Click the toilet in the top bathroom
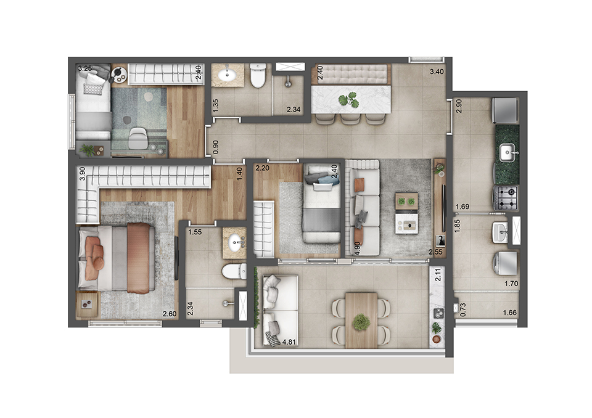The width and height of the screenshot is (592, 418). pos(258,75)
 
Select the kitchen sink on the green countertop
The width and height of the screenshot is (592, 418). pos(508,151)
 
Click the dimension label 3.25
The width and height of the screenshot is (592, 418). pos(85,68)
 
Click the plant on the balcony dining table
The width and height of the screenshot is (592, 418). pos(361,322)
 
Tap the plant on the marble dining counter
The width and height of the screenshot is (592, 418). pos(351,99)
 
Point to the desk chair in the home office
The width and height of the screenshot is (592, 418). pos(138,140)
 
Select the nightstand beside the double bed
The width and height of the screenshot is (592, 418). pos(88,304)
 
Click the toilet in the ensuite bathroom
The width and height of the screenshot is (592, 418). pos(232,271)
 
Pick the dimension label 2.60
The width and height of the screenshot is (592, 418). pos(170,314)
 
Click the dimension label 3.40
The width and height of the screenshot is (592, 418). pos(437,71)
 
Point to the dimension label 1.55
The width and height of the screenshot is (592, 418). pos(195,232)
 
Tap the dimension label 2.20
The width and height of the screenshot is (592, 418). pos(262,168)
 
